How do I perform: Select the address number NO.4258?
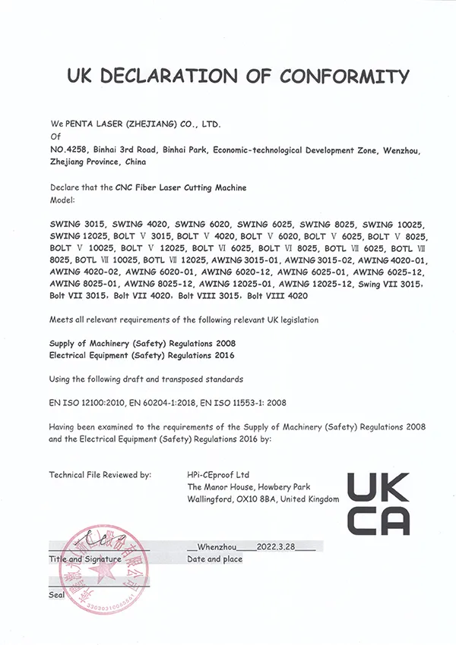(x=67, y=149)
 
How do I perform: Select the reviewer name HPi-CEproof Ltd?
(x=224, y=474)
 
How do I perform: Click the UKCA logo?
(x=378, y=502)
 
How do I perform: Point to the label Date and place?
(x=214, y=559)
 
